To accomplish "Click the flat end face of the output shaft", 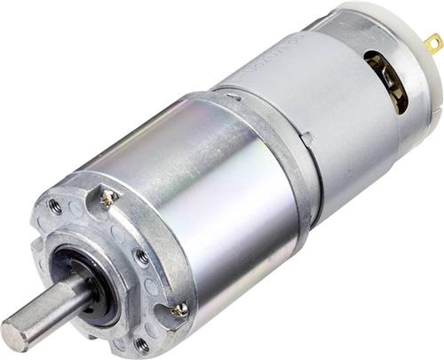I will pos(17,334).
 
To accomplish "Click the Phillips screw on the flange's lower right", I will pos(180,308).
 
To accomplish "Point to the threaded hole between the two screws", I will pos(141,257).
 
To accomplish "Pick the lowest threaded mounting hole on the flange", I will pos(141,343).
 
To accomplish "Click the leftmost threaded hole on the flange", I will pos(55,205).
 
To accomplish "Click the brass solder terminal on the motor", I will pos(433,43).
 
